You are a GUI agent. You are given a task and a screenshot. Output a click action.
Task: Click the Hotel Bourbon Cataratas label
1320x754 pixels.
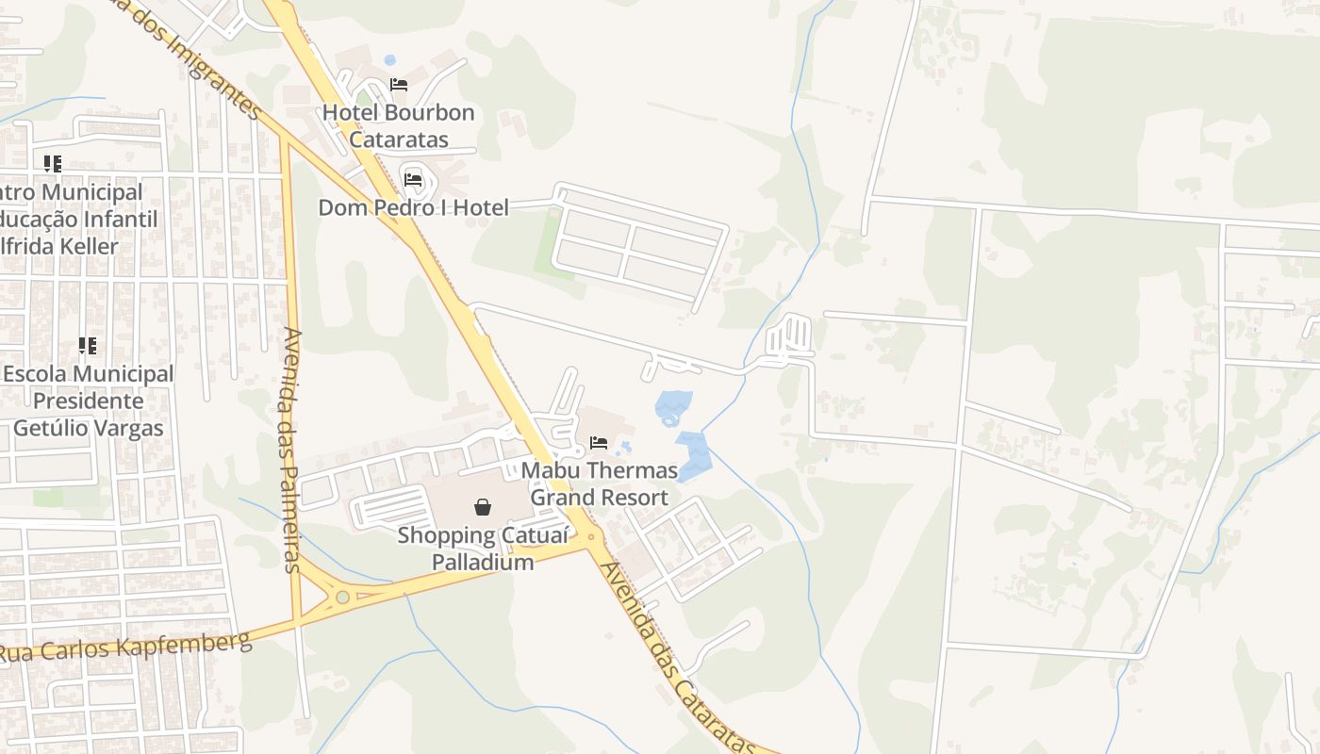(x=398, y=126)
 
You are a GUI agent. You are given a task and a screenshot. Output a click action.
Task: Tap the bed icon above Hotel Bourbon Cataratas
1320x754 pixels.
(x=399, y=84)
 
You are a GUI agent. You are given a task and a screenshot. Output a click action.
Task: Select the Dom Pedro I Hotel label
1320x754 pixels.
(x=413, y=207)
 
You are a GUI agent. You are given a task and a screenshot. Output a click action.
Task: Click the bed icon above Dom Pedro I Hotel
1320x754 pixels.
(x=413, y=179)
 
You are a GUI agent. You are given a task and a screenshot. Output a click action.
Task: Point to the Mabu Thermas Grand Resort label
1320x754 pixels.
(x=600, y=484)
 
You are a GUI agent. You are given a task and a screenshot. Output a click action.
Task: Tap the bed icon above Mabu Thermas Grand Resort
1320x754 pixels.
(x=599, y=442)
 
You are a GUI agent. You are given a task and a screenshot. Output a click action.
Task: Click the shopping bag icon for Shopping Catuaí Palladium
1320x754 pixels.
(x=483, y=507)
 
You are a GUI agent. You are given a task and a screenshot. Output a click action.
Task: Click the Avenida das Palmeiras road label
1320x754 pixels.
(x=291, y=450)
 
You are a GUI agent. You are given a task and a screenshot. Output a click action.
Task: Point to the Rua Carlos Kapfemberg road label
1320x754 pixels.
(x=127, y=647)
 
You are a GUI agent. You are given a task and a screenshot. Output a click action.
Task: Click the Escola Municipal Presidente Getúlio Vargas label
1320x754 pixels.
(x=88, y=401)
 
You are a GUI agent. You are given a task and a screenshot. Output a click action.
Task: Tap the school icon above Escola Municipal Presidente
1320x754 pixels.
(x=88, y=346)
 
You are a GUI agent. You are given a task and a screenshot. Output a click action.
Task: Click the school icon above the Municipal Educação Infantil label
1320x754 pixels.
(x=53, y=164)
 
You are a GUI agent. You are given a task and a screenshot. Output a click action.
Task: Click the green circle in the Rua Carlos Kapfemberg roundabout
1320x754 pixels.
(x=342, y=597)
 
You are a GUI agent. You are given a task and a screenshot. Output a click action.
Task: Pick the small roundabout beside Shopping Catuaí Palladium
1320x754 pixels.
(x=592, y=537)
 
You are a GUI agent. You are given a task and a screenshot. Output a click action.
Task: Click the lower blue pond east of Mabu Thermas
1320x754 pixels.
(x=694, y=454)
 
